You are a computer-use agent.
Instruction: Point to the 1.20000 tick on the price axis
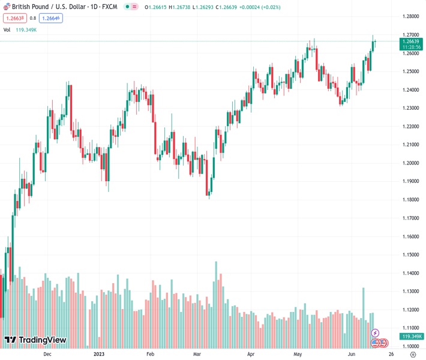point(411,163)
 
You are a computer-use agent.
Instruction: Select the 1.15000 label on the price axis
point(411,255)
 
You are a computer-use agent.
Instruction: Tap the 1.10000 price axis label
point(411,347)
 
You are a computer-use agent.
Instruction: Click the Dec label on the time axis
point(47,355)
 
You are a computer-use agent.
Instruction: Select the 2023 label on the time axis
point(100,355)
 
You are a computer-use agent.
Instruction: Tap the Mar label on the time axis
point(196,355)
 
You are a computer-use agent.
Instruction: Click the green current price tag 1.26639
point(411,41)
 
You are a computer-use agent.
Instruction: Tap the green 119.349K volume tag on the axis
point(411,337)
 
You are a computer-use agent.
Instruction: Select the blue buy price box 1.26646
point(52,18)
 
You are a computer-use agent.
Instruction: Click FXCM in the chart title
point(109,6)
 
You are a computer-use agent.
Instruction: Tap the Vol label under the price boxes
point(7,29)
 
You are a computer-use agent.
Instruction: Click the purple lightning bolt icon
point(376,332)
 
